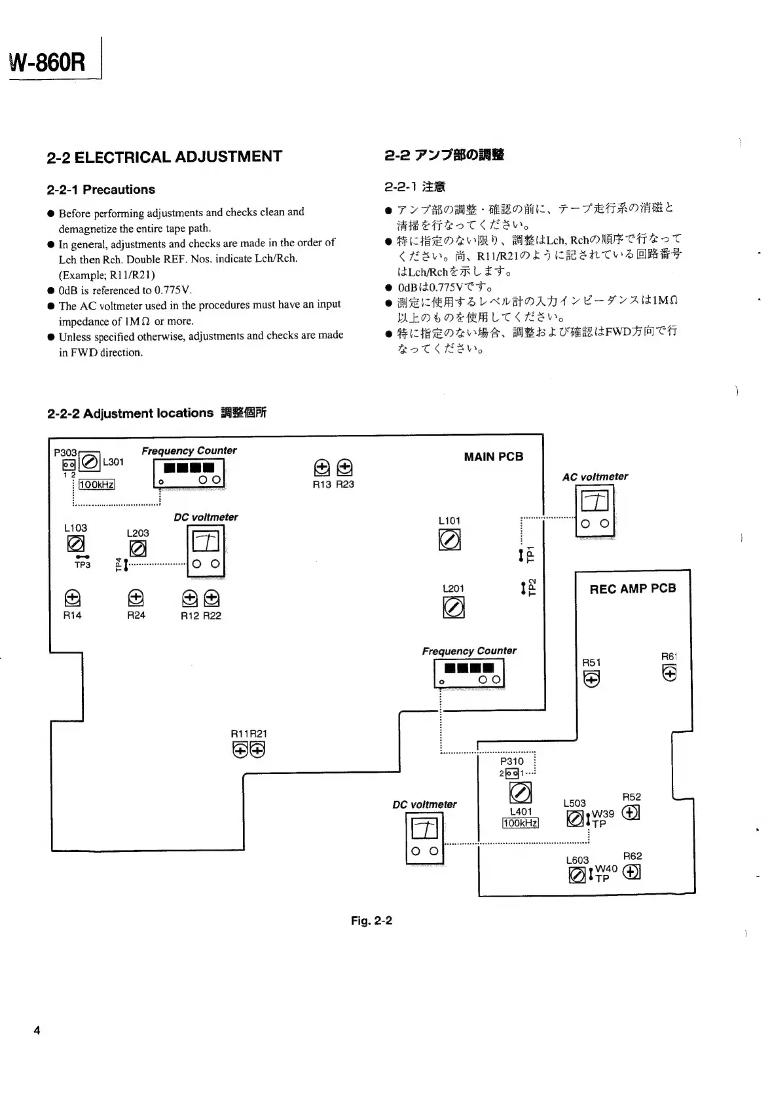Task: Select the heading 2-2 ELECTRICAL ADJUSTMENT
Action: tap(164, 157)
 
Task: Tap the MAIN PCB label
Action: tap(493, 456)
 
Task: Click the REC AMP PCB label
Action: tap(632, 588)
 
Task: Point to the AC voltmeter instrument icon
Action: tap(595, 510)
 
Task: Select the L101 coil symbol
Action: tap(449, 540)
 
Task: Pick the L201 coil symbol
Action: tap(454, 608)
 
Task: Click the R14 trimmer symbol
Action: tap(73, 598)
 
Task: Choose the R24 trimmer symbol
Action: tap(136, 597)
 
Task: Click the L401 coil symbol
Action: tap(521, 793)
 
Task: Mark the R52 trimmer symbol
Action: tap(631, 812)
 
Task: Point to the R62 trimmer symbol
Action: tap(632, 872)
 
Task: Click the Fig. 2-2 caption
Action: tap(371, 920)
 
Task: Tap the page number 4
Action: tap(37, 1030)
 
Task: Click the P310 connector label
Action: tap(511, 761)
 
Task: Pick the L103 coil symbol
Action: tap(76, 543)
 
